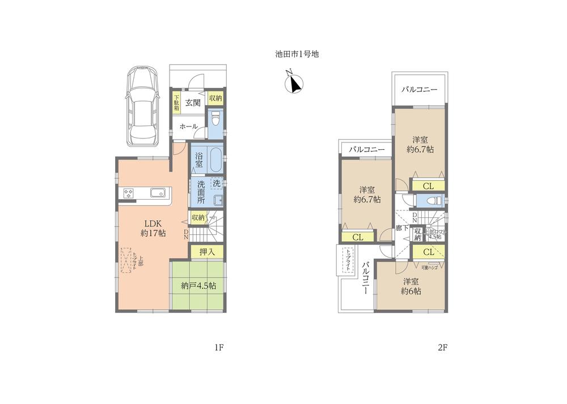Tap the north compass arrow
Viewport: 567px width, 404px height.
click(294, 83)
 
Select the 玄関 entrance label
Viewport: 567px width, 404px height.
click(192, 103)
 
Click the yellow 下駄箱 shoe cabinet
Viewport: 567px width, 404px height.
click(176, 104)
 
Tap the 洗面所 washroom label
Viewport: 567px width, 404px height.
click(201, 192)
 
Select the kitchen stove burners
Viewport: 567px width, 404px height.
click(128, 193)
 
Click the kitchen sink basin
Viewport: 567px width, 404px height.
click(157, 193)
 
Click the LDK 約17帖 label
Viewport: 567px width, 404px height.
click(153, 227)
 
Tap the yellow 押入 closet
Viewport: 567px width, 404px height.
click(207, 251)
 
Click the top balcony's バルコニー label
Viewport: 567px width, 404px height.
click(420, 90)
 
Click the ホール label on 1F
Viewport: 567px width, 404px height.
click(188, 127)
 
